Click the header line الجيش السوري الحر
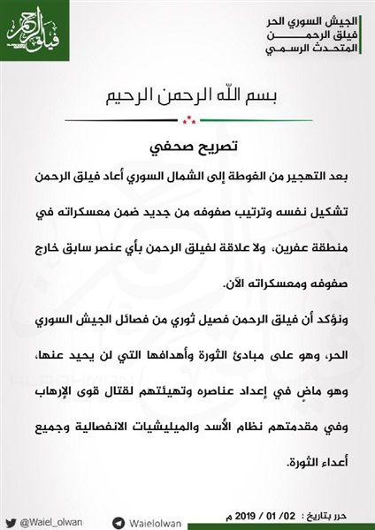(316, 19)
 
